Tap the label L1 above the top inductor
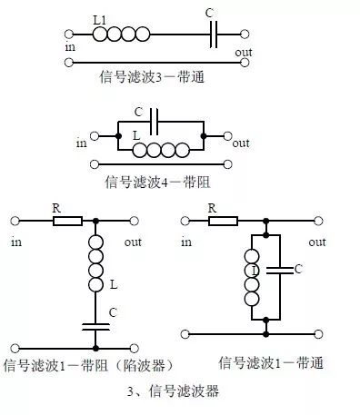pyautogui.click(x=102, y=19)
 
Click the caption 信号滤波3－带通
pyautogui.click(x=154, y=77)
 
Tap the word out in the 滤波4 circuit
pyautogui.click(x=241, y=143)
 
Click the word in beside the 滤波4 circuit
pyautogui.click(x=82, y=143)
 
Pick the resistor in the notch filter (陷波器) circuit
pyautogui.click(x=67, y=221)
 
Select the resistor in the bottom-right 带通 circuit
pyautogui.click(x=223, y=221)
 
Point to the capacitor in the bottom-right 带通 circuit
pyautogui.click(x=281, y=270)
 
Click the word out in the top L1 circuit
pyautogui.click(x=244, y=52)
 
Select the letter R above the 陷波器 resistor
pyautogui.click(x=55, y=207)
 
